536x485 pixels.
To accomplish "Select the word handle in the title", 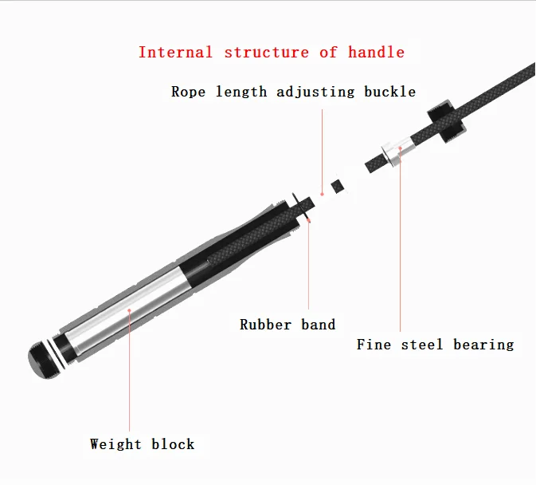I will [376, 53].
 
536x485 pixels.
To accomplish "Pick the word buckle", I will [389, 92].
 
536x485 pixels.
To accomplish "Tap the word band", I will [319, 325].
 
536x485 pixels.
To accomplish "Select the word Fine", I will [374, 345].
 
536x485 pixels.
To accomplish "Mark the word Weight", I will [116, 444].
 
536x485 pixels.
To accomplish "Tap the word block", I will [173, 444].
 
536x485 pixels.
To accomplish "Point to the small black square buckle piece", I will [338, 186].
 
